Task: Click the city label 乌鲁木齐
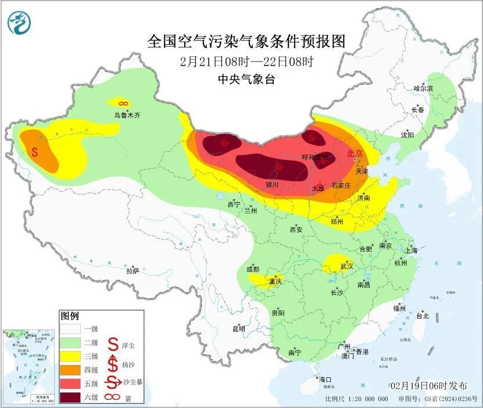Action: [x=127, y=116]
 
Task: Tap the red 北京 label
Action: [x=354, y=154]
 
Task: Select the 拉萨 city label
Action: [x=133, y=271]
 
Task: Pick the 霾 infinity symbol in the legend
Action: [x=113, y=397]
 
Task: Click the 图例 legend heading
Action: [x=69, y=316]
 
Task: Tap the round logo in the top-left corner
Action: [x=19, y=22]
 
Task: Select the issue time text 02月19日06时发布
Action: [x=430, y=386]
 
